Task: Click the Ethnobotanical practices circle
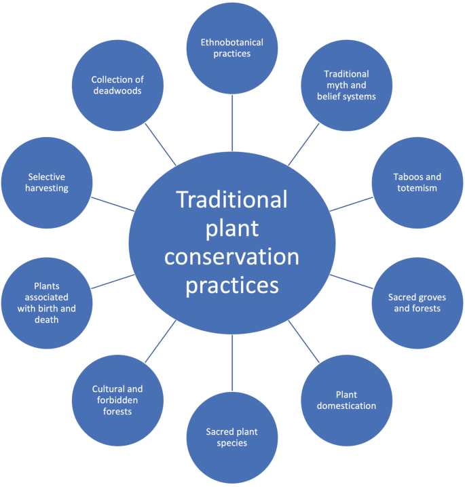(x=232, y=47)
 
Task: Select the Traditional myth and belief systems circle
(x=346, y=85)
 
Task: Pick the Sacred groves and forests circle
(x=415, y=302)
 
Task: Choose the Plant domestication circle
(x=346, y=400)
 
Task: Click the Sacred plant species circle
(x=232, y=437)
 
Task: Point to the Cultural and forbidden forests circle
(x=117, y=400)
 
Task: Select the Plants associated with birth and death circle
(x=46, y=302)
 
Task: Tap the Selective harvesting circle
(x=46, y=182)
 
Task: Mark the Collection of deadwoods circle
(x=117, y=85)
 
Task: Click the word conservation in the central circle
(x=232, y=257)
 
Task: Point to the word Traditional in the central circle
(x=232, y=200)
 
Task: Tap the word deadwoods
(x=117, y=91)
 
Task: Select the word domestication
(x=346, y=406)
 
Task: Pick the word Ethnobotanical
(x=232, y=42)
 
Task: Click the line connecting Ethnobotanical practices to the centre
(x=232, y=123)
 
